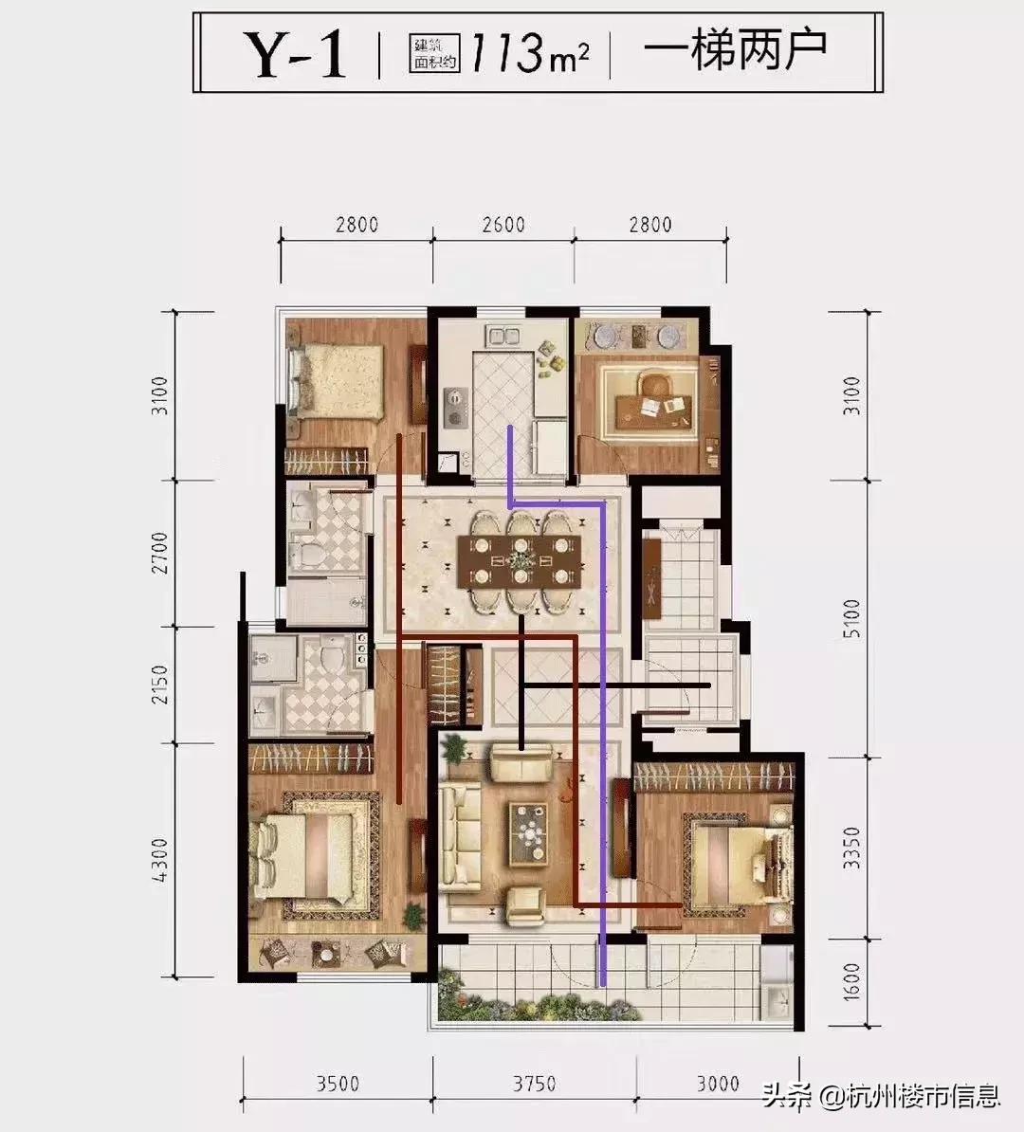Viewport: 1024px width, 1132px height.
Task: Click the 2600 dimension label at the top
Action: click(503, 225)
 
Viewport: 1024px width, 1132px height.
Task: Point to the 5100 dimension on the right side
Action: click(852, 618)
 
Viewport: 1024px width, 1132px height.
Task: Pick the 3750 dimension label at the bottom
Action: click(535, 1084)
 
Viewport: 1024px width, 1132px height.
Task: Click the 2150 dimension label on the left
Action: click(159, 685)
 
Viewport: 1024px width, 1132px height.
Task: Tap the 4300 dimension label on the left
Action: click(159, 860)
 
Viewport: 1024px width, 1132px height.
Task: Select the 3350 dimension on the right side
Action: click(852, 849)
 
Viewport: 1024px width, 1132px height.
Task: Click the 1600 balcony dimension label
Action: click(852, 982)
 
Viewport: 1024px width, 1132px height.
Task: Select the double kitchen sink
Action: click(504, 336)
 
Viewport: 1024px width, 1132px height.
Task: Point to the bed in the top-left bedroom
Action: click(336, 381)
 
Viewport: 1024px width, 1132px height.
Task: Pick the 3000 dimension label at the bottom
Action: click(718, 1084)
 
